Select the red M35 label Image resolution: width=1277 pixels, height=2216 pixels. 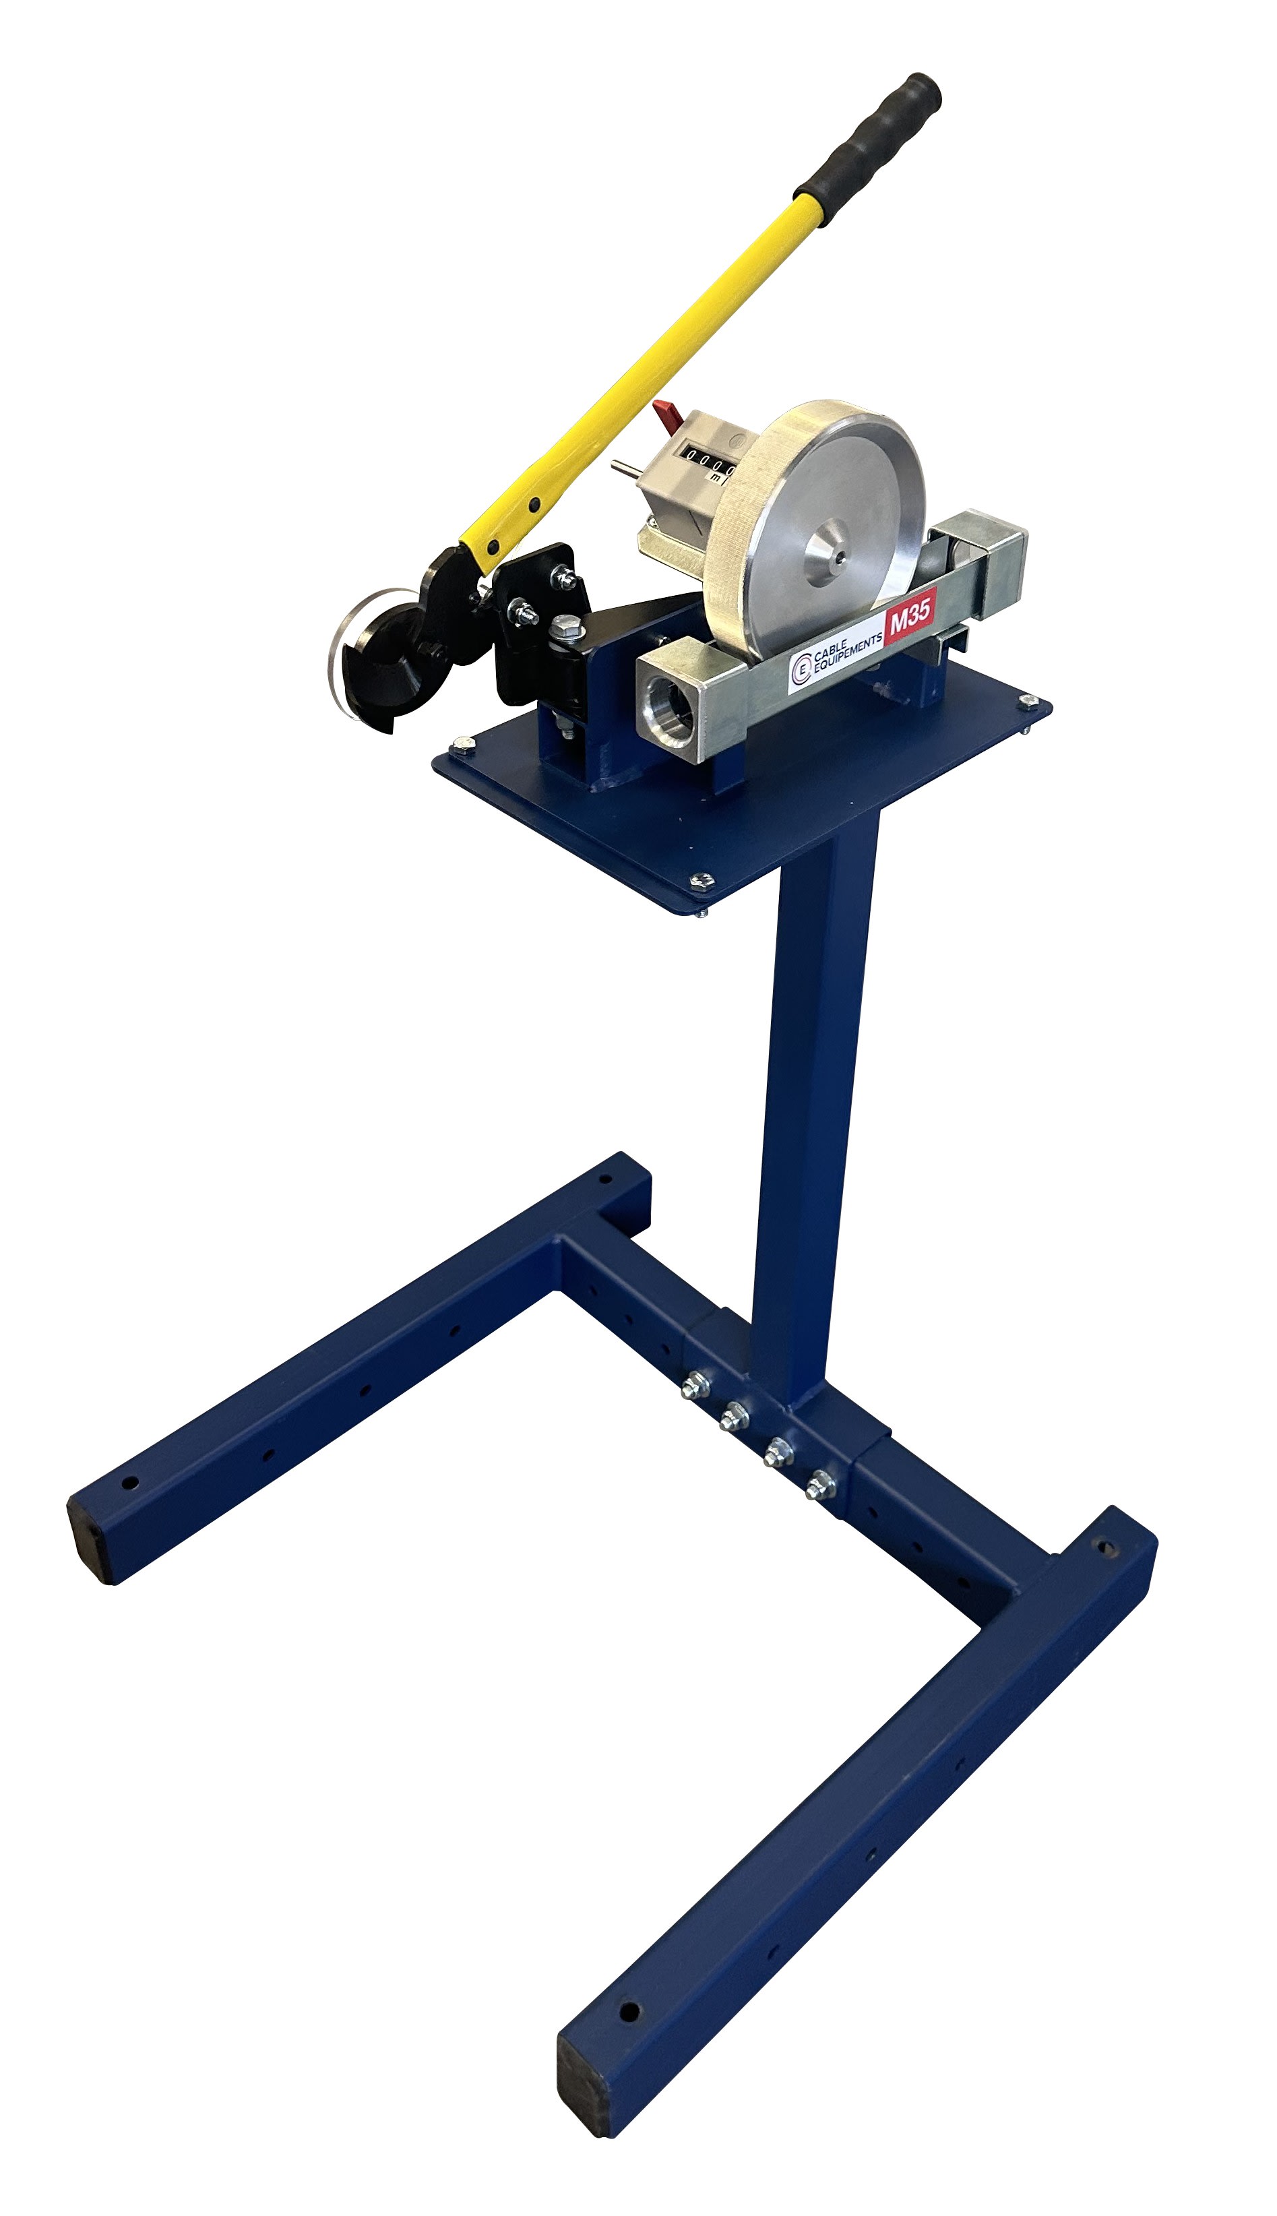[910, 623]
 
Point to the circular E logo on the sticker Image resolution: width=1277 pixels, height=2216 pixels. [800, 672]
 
